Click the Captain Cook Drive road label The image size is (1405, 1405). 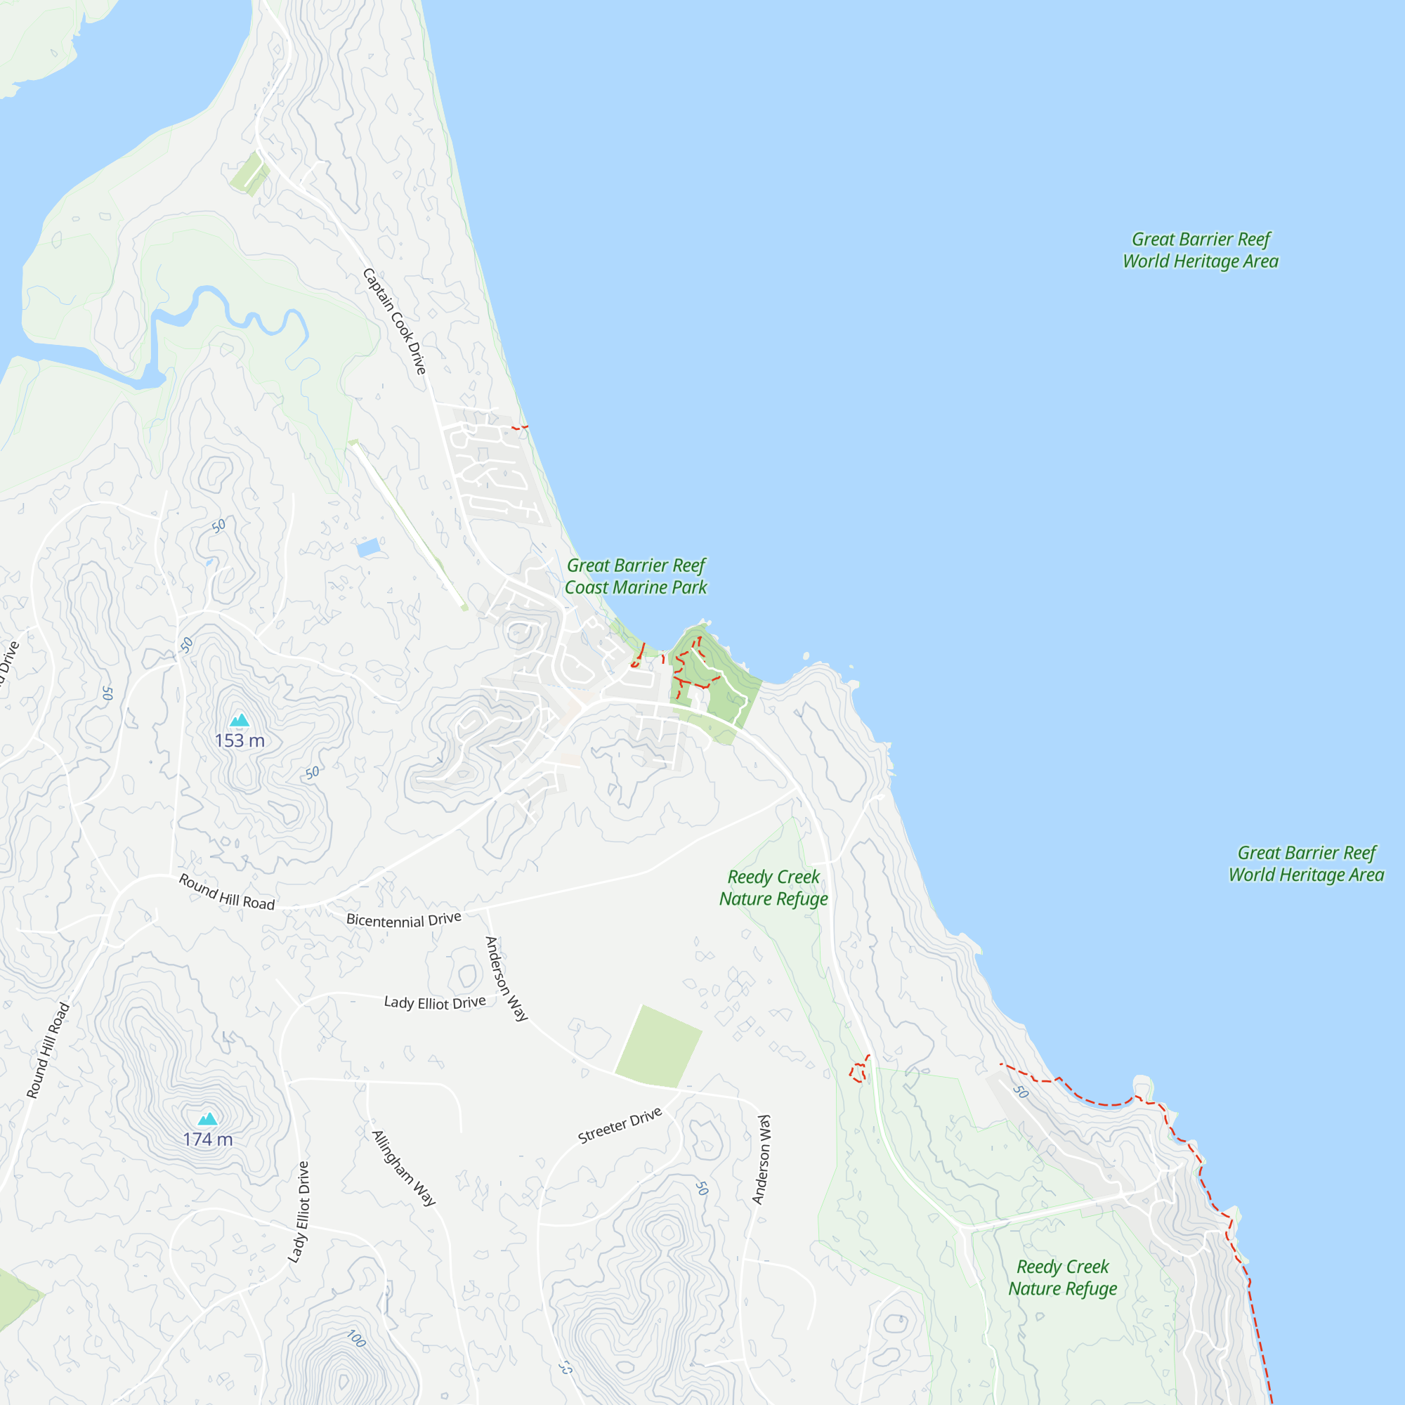coord(394,322)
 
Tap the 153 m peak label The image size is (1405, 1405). coord(240,740)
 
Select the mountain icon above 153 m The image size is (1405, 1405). coord(240,721)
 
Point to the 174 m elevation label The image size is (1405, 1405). coord(208,1139)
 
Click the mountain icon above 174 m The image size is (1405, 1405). coord(208,1118)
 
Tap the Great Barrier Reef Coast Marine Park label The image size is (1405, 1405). coord(636,576)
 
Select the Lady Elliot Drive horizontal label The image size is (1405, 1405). coord(435,1003)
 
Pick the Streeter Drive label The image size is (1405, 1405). coord(620,1125)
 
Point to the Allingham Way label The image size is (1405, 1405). coord(404,1169)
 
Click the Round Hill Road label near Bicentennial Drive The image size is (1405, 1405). coord(227,892)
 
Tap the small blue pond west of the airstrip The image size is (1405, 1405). coord(369,548)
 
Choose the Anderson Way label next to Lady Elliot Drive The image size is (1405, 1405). coord(506,979)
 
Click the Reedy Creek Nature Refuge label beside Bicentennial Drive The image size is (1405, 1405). coord(773,887)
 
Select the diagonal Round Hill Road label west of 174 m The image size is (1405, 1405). coord(48,1050)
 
